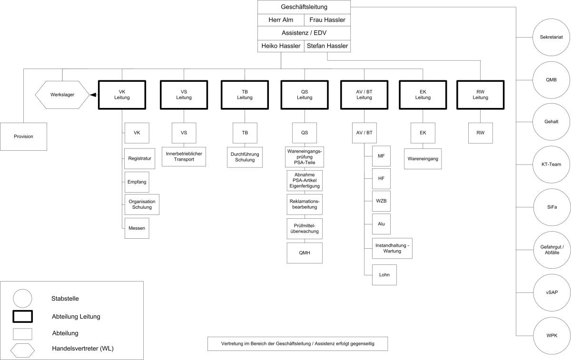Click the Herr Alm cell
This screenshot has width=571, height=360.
[x=281, y=20]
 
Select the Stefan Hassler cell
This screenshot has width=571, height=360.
[x=327, y=46]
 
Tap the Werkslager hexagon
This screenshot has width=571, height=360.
[x=62, y=95]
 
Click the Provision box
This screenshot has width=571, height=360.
[x=23, y=136]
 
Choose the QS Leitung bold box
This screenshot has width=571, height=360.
[x=305, y=95]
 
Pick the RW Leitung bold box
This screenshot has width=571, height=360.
[x=480, y=95]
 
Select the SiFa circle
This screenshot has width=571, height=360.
[x=551, y=207]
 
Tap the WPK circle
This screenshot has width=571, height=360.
[x=551, y=335]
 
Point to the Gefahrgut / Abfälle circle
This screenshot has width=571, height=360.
[x=551, y=250]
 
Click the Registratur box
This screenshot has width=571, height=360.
[x=139, y=159]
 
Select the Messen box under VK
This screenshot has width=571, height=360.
[x=136, y=228]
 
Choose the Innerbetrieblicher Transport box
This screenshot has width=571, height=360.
[x=184, y=157]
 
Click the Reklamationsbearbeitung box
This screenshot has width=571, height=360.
[x=305, y=204]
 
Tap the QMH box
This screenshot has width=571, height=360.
[x=305, y=253]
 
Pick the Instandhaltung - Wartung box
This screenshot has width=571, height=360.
[x=392, y=248]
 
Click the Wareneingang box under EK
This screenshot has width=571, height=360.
[x=423, y=159]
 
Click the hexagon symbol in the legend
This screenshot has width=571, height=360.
[x=22, y=349]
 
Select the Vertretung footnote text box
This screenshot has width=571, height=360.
[x=298, y=344]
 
